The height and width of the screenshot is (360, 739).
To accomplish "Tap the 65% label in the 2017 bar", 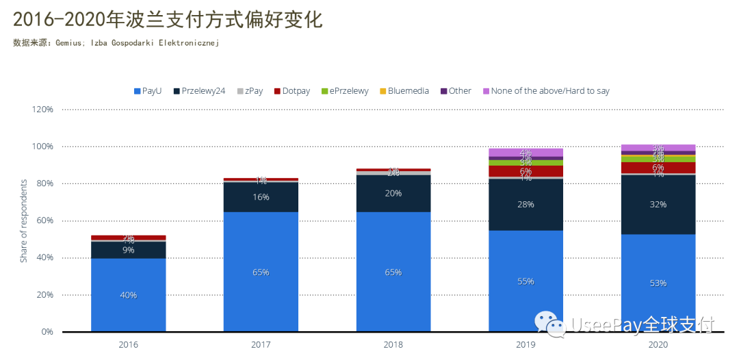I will coord(261,272).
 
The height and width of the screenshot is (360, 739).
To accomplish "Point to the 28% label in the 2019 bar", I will coord(526,204).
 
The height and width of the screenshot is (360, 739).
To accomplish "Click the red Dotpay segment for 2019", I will coord(526,172).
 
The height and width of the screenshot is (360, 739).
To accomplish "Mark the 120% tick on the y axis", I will coord(42,110).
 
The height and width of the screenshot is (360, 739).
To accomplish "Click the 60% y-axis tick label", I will coord(44,221).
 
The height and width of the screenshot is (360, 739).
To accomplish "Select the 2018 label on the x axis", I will coord(393,346).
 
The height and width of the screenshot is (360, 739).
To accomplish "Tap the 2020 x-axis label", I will coord(658,346).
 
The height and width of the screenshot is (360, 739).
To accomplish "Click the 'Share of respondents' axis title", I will coord(23,221).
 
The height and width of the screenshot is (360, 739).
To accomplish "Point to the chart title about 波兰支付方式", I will coord(168,19).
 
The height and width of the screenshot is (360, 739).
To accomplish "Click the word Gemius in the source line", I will coord(68,42).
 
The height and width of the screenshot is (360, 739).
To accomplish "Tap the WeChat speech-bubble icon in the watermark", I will coord(551,324).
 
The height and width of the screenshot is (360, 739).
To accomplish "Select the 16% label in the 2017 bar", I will coord(261,197).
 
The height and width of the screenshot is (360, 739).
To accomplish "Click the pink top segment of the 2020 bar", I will coord(658,148).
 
